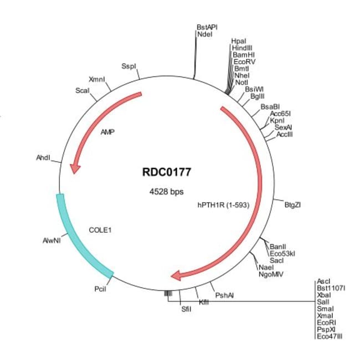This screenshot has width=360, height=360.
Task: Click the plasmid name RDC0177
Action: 167,172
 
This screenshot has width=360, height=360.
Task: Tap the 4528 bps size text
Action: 167,191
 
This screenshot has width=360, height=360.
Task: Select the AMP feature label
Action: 107,132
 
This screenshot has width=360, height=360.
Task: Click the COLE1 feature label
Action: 100,230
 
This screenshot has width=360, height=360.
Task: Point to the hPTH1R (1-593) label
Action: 223,205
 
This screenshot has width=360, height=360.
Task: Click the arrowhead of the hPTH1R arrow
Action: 176,275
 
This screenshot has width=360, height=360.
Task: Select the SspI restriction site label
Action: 128,66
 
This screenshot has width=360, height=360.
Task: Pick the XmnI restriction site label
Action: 97,79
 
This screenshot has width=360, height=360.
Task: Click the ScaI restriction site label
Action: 82,90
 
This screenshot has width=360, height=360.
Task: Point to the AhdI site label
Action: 43,158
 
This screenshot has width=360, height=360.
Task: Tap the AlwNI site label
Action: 52,240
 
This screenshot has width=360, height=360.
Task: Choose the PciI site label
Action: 100,289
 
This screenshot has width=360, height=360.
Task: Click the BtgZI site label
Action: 292,204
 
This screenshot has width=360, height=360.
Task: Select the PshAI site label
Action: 224,295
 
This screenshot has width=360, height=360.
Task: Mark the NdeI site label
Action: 205,34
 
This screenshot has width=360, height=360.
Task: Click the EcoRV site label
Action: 244,61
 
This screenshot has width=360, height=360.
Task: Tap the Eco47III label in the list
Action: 330,336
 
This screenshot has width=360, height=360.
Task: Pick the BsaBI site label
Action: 270,107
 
